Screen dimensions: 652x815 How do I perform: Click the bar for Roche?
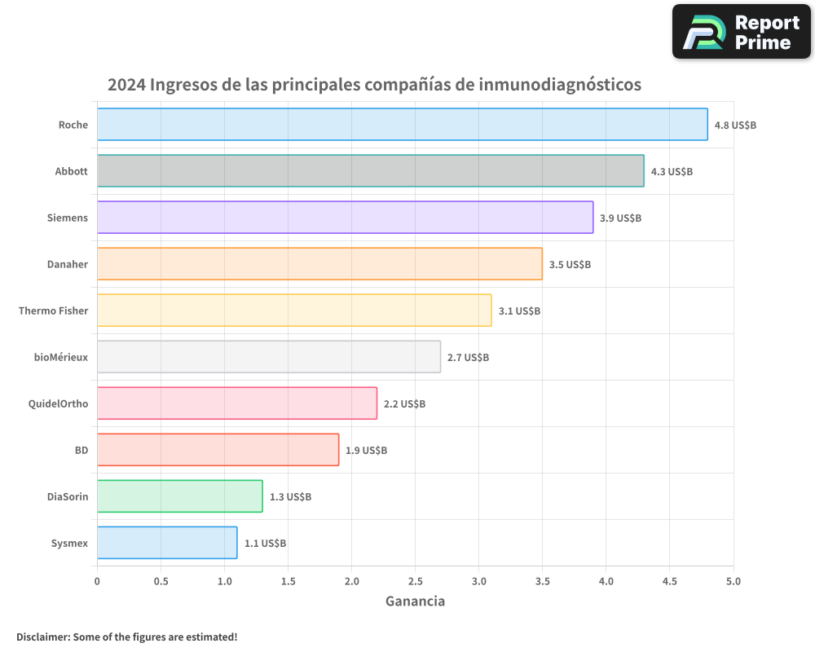(402, 125)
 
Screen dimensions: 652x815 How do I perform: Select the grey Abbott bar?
(370, 171)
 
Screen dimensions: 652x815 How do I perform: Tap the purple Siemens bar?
(345, 218)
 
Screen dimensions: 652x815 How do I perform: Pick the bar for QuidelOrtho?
(236, 403)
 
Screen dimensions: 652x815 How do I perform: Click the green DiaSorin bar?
(179, 496)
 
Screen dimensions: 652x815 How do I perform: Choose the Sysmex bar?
(167, 543)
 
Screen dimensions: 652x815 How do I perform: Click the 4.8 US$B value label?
(735, 126)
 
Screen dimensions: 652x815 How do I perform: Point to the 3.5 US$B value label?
(570, 265)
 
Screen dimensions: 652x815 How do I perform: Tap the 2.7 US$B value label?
(468, 358)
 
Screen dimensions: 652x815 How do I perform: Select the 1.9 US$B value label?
(366, 451)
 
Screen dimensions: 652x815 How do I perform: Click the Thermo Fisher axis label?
(53, 311)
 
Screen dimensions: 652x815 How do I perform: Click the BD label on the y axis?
(81, 450)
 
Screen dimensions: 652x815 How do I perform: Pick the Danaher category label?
(67, 264)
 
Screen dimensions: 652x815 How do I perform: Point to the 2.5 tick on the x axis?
(415, 581)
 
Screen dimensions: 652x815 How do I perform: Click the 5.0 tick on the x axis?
(733, 581)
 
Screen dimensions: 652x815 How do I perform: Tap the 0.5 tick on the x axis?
(161, 581)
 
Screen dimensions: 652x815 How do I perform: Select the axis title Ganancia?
(415, 601)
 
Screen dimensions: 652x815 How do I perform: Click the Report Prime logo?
(741, 32)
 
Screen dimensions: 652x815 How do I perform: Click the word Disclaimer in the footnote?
(42, 637)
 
